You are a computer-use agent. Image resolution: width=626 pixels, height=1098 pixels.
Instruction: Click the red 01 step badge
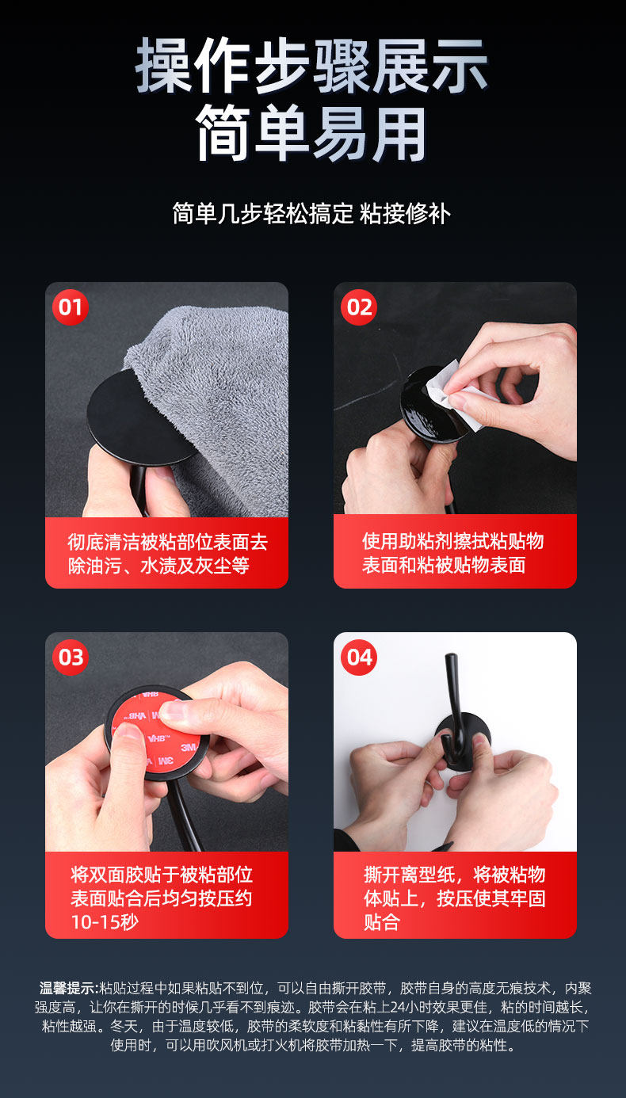coord(70,307)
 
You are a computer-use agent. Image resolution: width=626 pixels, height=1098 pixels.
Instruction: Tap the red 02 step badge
coord(359,307)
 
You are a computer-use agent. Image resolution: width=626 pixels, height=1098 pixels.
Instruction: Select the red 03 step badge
coord(71,658)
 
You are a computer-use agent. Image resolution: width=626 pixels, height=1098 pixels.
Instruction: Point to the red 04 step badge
coord(359,658)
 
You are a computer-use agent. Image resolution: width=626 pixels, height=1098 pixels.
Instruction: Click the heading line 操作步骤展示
coord(312,66)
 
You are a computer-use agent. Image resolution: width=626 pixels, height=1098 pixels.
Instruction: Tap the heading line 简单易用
coord(312,133)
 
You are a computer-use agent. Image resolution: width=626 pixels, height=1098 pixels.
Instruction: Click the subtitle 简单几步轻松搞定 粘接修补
coord(311,214)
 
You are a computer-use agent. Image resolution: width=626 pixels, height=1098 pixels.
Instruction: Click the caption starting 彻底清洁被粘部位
coord(168,554)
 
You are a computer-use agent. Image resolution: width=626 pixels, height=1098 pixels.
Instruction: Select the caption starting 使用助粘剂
coord(453,553)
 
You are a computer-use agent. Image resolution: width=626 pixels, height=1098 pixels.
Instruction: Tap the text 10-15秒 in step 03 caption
coord(105,922)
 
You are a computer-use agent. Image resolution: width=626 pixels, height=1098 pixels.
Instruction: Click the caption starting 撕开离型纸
coord(454,898)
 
